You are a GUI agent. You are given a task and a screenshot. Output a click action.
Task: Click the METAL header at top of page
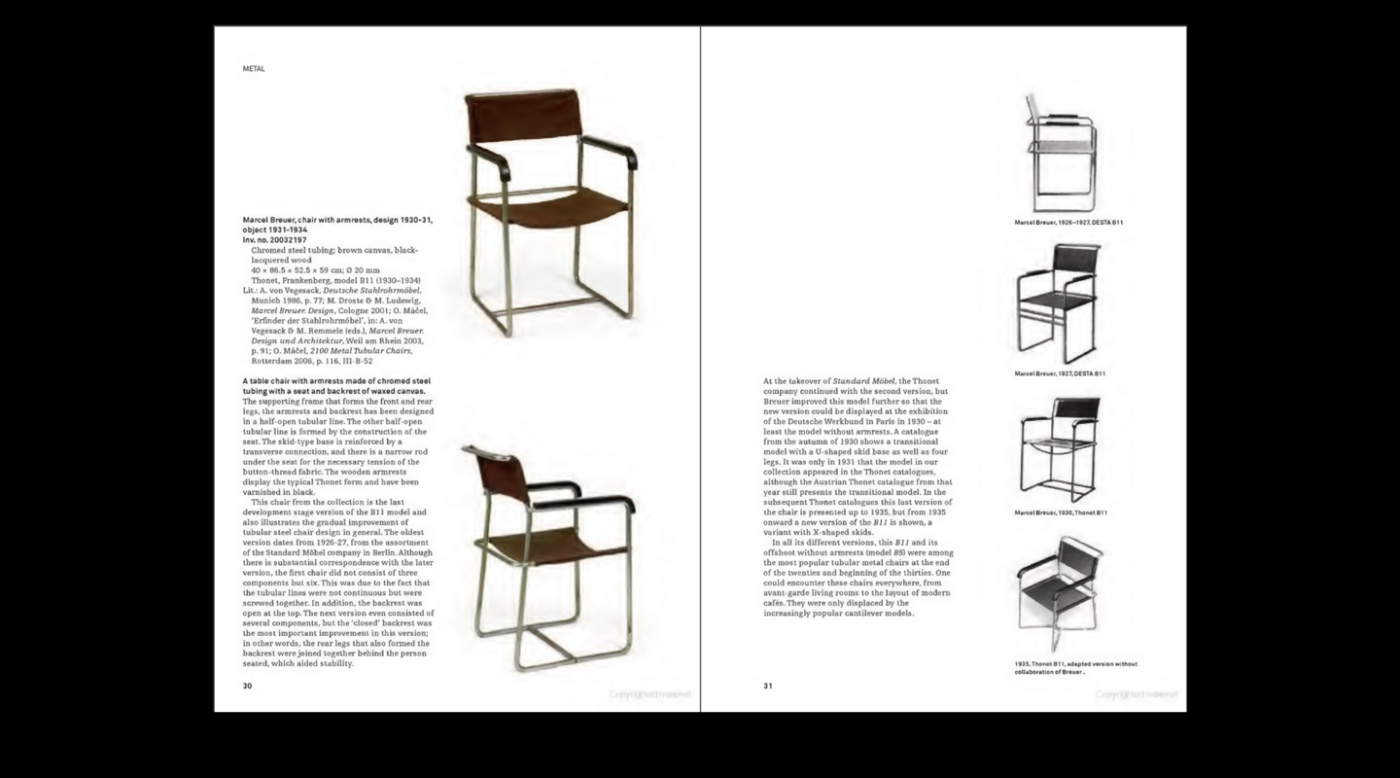click(x=254, y=69)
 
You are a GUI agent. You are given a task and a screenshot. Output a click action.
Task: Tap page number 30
click(x=247, y=686)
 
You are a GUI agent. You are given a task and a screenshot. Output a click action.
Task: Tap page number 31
click(x=768, y=686)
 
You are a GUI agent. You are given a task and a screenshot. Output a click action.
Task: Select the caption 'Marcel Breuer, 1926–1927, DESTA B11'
click(x=1068, y=223)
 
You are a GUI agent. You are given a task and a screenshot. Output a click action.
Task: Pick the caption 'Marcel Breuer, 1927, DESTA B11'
click(x=1060, y=373)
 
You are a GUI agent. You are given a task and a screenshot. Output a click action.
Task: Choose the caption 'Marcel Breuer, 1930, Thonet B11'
click(x=1061, y=513)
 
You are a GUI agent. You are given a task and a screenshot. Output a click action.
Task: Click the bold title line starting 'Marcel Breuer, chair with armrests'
click(x=336, y=221)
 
